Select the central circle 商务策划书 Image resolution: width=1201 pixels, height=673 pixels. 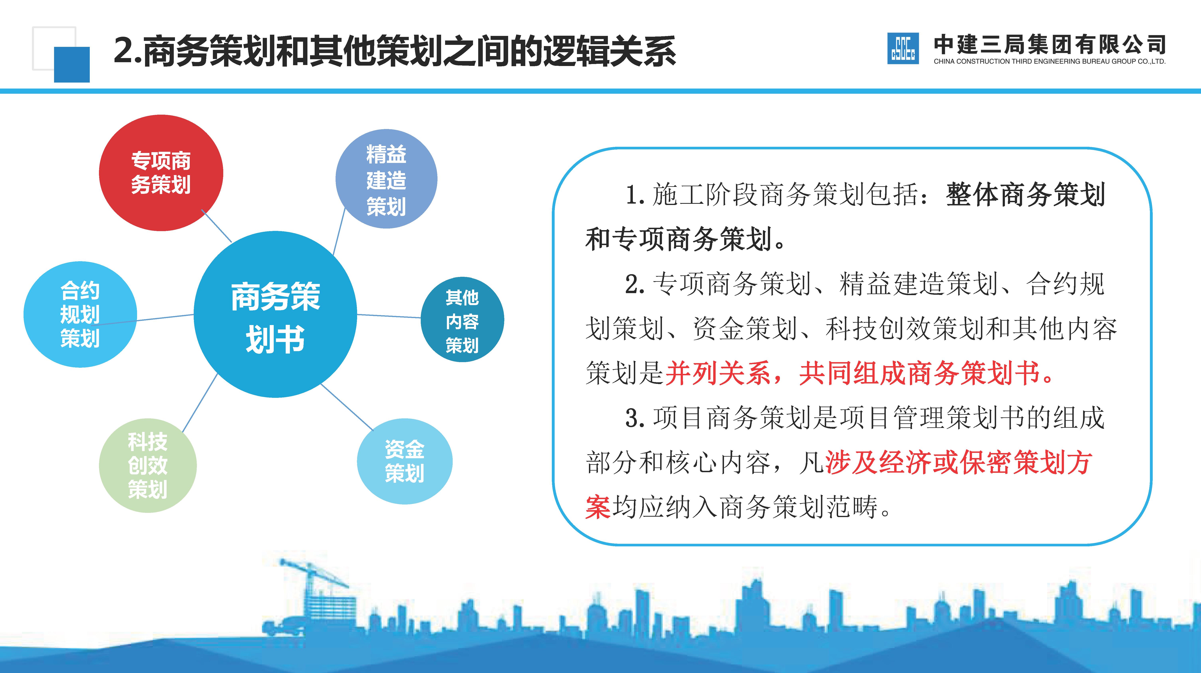coord(275,315)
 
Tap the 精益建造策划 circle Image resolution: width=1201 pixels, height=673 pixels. coord(386,179)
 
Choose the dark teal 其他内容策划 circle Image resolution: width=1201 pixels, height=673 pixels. coord(462,320)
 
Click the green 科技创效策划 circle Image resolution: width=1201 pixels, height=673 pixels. coord(148,465)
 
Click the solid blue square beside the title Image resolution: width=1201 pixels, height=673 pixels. coord(72,64)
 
